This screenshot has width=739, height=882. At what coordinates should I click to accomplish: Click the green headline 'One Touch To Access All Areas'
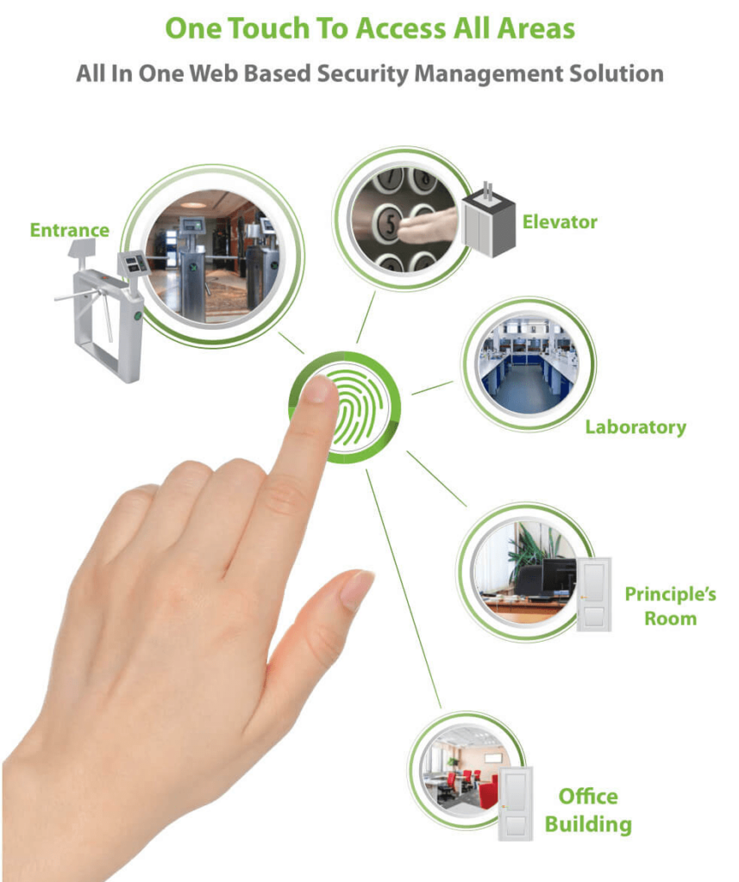click(369, 28)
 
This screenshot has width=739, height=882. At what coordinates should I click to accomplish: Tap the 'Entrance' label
click(69, 230)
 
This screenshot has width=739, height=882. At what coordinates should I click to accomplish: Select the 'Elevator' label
click(559, 222)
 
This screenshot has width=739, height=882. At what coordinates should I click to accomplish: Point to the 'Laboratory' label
click(636, 427)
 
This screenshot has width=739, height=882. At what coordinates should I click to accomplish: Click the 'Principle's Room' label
click(670, 606)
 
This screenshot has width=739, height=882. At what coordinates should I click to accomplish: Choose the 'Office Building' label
click(588, 811)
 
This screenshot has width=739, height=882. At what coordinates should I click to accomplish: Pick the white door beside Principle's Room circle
click(593, 594)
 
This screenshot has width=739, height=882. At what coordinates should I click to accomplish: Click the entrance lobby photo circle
click(212, 256)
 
